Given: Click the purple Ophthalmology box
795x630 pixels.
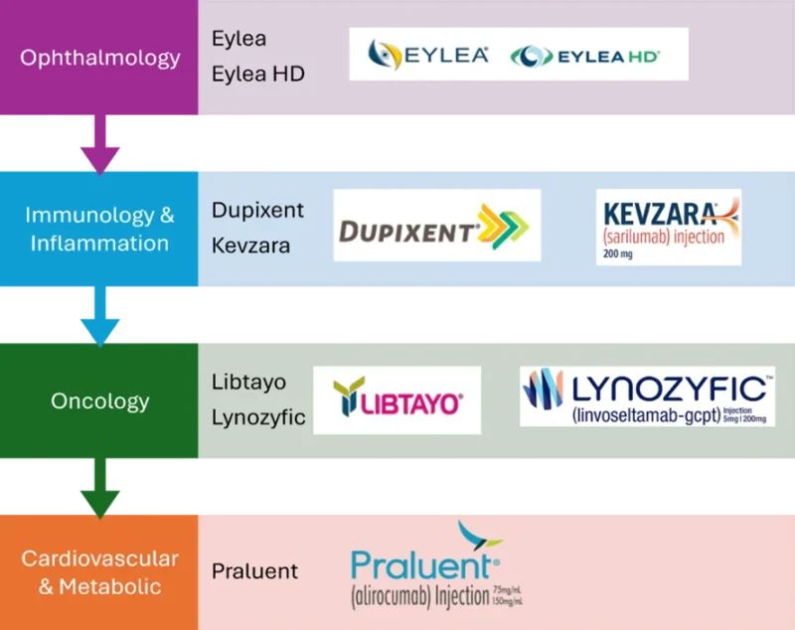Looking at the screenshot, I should click(99, 58).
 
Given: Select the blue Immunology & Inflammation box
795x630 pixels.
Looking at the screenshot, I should click(99, 229).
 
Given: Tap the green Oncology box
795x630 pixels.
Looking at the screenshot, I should click(99, 401).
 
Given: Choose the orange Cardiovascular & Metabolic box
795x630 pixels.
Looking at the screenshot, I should click(99, 572).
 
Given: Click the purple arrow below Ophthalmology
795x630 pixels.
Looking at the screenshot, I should click(99, 145).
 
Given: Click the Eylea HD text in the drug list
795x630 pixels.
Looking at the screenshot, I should click(257, 74).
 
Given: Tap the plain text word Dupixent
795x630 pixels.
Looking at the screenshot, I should click(257, 211).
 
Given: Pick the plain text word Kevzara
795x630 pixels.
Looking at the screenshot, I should click(250, 244).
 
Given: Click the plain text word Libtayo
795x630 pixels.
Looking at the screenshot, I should click(247, 382).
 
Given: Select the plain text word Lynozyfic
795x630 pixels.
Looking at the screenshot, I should click(258, 417).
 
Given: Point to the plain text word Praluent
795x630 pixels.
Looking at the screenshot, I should click(254, 571).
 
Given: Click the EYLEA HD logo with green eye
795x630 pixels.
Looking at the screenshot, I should click(585, 57).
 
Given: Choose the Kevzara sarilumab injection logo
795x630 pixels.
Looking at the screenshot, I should click(668, 227).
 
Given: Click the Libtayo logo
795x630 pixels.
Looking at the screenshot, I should click(397, 399).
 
